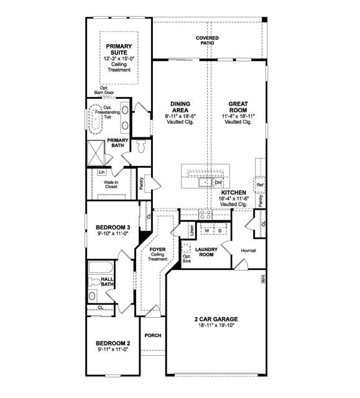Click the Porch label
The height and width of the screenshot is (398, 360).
tap(152, 336)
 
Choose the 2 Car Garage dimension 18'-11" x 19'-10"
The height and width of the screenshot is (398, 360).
tap(216, 325)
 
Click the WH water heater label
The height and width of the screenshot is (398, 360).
tap(264, 280)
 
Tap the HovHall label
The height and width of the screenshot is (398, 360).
tap(240, 251)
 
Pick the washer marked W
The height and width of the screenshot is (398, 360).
tap(206, 231)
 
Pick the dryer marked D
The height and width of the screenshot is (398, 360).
tap(219, 231)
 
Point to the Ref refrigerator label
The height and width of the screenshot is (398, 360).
tap(260, 185)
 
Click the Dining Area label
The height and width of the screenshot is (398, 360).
tap(180, 104)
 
